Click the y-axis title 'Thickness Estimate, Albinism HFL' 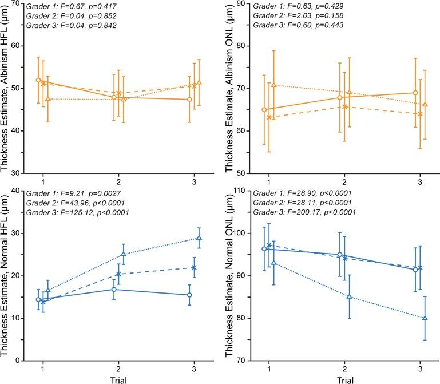pyautogui.click(x=7, y=92)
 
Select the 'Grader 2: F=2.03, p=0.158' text pyautogui.click(x=293, y=15)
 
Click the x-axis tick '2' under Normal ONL pyautogui.click(x=342, y=367)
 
